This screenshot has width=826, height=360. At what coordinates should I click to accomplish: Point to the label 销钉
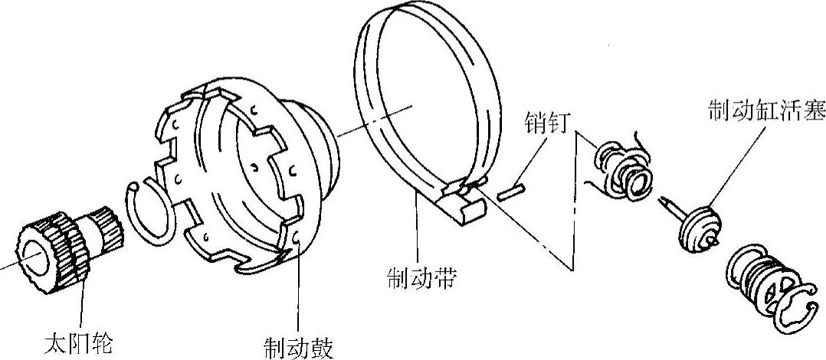point(546,123)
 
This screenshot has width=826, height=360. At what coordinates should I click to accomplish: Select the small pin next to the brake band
point(510,191)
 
